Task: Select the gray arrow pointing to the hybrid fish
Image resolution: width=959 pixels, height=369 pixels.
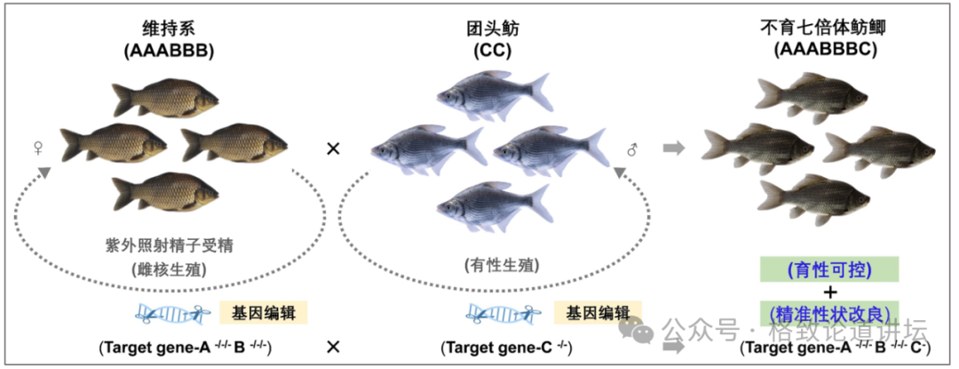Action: [675, 148]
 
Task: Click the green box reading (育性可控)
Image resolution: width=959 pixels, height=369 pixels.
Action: [829, 269]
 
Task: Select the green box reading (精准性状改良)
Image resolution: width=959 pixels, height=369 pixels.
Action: [829, 312]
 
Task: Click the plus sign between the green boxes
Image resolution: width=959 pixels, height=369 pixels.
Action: [829, 291]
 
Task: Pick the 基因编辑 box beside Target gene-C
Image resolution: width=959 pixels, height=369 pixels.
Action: [595, 312]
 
